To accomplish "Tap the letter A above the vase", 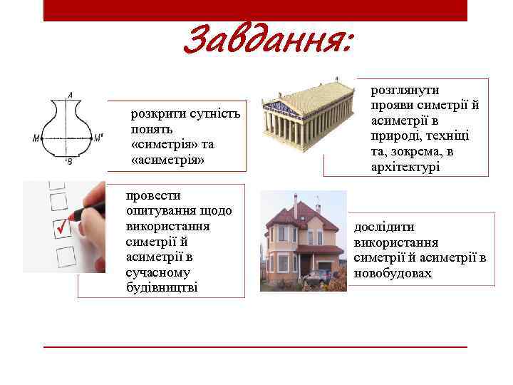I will click(x=70, y=95).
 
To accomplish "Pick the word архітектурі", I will click(x=405, y=167).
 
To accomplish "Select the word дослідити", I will click(x=384, y=227).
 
